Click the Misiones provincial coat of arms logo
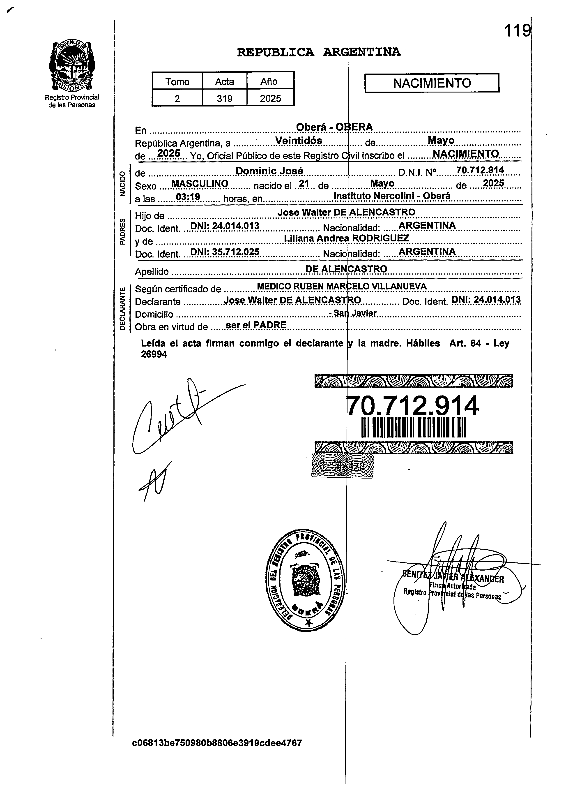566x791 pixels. (71, 65)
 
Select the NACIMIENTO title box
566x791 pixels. (432, 83)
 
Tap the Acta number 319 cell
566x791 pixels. (224, 99)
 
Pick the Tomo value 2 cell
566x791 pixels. (177, 99)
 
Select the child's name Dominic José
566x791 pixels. (269, 171)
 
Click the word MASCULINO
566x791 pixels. (200, 184)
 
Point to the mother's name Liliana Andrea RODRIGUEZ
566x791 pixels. (346, 238)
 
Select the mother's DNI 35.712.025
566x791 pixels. (225, 252)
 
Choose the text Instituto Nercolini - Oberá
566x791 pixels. (392, 196)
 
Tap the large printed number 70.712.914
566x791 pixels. (413, 406)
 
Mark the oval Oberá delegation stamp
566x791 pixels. (305, 580)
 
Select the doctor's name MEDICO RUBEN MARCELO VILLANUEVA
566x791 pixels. (342, 287)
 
